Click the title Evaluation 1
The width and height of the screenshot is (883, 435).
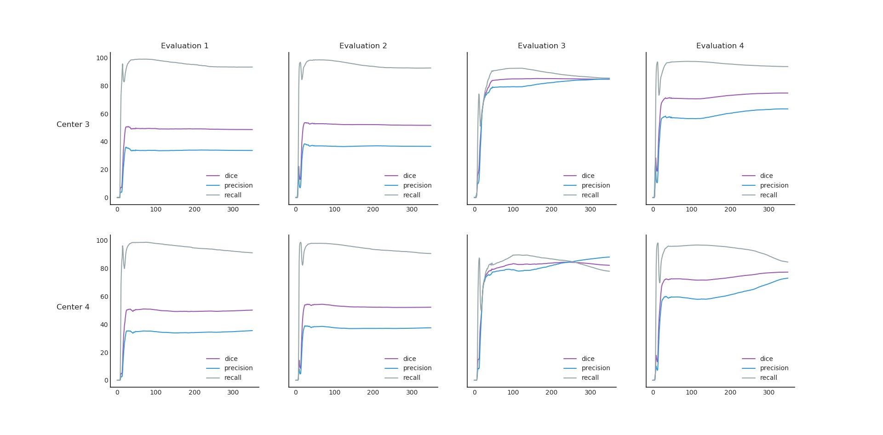click(184, 46)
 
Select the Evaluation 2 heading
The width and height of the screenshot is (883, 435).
click(363, 46)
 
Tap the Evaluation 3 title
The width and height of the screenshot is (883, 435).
click(541, 46)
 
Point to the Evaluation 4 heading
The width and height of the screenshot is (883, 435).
click(720, 46)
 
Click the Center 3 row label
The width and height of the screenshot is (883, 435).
click(73, 125)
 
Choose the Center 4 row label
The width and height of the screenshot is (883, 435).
click(73, 307)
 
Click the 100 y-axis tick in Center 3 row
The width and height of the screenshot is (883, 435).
click(102, 58)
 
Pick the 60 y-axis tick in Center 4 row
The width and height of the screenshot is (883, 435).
click(103, 297)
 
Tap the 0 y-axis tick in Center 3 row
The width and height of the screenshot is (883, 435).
click(106, 198)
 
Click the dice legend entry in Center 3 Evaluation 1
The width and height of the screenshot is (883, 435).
click(231, 176)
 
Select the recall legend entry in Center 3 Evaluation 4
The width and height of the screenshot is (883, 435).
click(768, 195)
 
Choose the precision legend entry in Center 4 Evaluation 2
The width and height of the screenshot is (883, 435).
click(417, 368)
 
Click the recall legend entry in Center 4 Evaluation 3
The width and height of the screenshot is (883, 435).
click(590, 378)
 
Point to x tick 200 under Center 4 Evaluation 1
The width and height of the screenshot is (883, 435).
click(195, 392)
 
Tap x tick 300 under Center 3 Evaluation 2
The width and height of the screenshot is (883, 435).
click(412, 210)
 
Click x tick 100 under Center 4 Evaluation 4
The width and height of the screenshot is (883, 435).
click(691, 392)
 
